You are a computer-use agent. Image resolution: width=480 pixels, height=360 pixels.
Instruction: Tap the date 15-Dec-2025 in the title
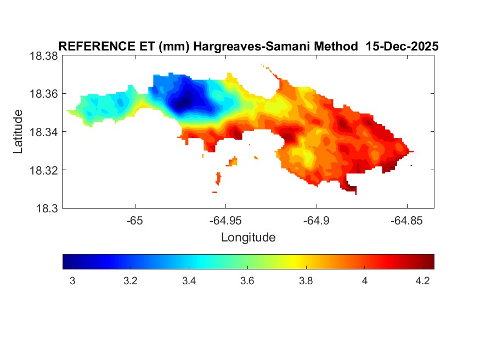pos(402,47)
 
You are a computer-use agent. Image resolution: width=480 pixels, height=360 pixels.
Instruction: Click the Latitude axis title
pos(18,132)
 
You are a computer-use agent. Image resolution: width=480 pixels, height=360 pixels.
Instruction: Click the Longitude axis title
pos(248,238)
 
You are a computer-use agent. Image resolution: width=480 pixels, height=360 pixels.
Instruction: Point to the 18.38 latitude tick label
pos(44,56)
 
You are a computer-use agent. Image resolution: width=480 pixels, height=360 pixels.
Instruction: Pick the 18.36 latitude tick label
pos(44,94)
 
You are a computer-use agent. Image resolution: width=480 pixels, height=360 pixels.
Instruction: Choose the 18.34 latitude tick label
pos(44,132)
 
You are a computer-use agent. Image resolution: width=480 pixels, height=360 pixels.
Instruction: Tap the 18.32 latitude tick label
pos(44,170)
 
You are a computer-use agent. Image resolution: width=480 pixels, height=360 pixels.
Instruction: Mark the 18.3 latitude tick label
pos(47,208)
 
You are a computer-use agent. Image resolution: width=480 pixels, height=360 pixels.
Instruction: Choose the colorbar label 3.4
pos(189,281)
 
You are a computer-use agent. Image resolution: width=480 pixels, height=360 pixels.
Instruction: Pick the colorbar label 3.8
pos(306,281)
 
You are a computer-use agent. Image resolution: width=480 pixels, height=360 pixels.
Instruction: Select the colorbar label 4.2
pos(422,281)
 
